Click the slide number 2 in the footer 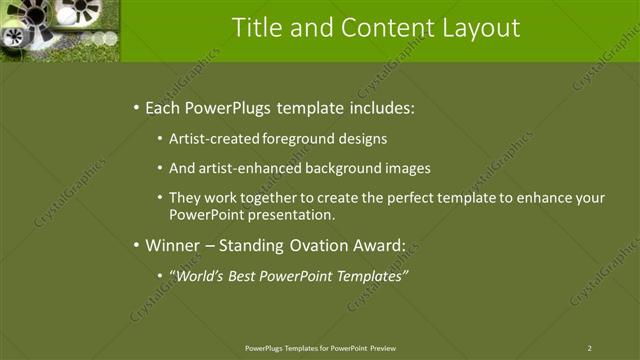[589, 348]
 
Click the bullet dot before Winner [135, 244]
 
